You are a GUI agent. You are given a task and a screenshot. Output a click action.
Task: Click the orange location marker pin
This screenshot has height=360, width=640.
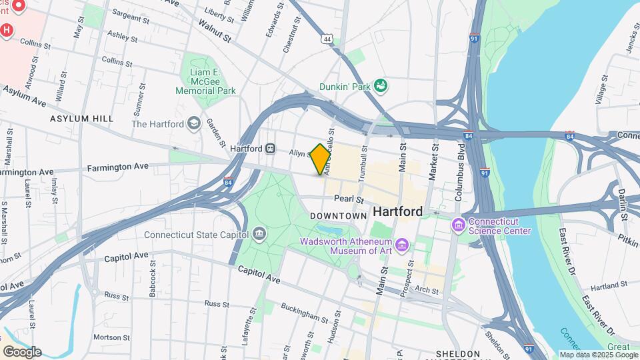click(321, 159)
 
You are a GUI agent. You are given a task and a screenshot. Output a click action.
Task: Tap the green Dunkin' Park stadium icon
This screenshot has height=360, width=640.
click(381, 85)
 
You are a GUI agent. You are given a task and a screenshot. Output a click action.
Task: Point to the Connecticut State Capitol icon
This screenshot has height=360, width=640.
click(259, 234)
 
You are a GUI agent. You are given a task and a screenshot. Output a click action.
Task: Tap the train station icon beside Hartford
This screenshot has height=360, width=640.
click(270, 148)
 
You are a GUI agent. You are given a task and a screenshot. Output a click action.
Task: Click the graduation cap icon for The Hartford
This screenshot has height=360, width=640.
click(193, 123)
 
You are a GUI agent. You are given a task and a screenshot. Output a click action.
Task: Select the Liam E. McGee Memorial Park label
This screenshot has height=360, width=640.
click(205, 81)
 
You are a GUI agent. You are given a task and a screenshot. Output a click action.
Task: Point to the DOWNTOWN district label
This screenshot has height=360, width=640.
click(339, 216)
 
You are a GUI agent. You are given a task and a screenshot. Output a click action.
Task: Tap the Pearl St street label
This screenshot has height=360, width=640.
click(349, 199)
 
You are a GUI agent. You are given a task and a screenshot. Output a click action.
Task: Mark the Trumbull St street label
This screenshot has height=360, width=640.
click(364, 164)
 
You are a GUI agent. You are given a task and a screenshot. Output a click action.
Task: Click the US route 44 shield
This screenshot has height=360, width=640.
click(327, 40)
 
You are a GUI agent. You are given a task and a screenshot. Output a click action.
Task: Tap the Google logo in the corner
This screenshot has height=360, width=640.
click(22, 351)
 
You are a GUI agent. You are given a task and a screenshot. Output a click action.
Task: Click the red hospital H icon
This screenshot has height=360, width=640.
click(7, 30)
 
